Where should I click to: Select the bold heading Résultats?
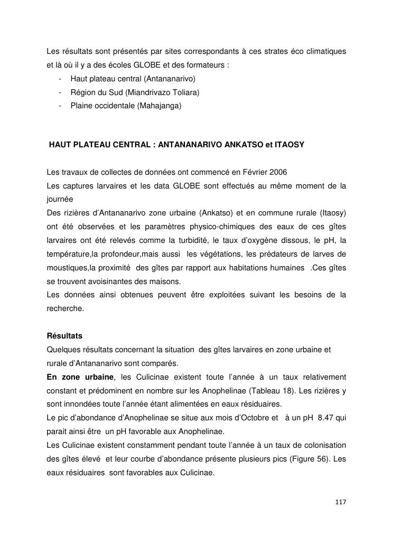click(x=64, y=336)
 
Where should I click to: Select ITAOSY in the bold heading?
click(x=287, y=144)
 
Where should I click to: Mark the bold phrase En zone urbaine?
click(x=80, y=377)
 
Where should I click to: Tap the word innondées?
click(x=82, y=404)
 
